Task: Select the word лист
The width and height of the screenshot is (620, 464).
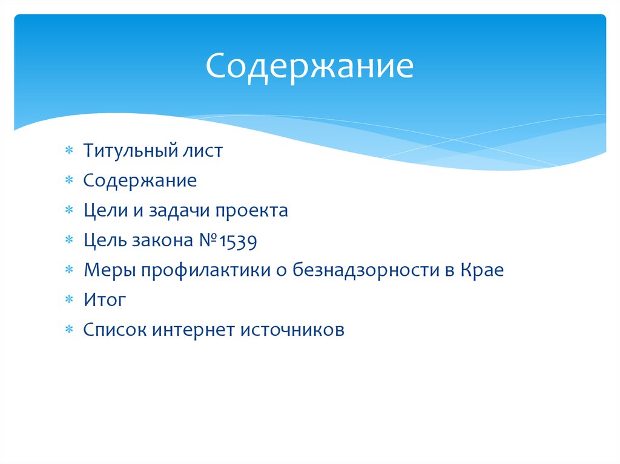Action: click(x=203, y=151)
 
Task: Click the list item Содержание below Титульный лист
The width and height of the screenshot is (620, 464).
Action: click(x=140, y=181)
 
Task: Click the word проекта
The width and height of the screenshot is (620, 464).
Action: click(x=254, y=212)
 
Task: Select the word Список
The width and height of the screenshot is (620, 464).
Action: click(x=114, y=330)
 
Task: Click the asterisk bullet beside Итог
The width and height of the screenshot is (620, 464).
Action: click(x=70, y=301)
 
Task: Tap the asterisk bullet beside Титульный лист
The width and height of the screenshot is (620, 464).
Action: click(x=70, y=151)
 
